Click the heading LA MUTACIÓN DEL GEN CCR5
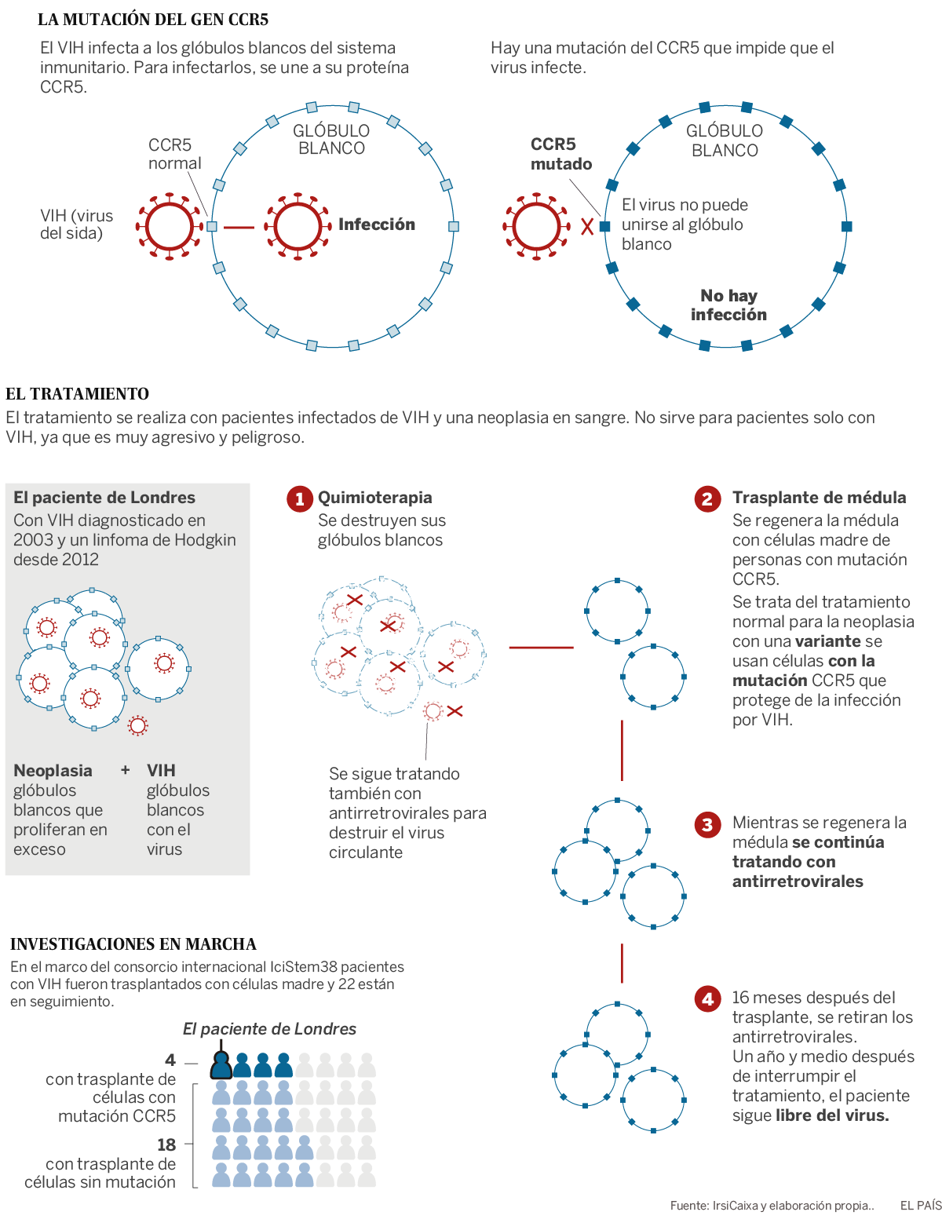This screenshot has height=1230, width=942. [153, 19]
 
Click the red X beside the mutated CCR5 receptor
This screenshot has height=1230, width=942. [587, 226]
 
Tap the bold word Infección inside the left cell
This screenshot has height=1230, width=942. [377, 224]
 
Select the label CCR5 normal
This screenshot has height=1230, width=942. [174, 154]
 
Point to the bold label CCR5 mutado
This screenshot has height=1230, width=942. [560, 154]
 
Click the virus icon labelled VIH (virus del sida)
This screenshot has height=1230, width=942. [170, 226]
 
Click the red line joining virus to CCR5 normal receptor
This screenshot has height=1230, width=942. [239, 227]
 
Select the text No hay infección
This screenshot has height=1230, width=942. [728, 305]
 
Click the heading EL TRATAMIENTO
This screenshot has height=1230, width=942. [77, 393]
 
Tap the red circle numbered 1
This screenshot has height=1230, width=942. [299, 498]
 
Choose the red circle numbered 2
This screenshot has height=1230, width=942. [707, 498]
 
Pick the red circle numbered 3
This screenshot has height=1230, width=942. [707, 824]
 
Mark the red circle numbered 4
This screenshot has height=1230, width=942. [707, 998]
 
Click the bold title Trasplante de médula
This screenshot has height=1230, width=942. [819, 498]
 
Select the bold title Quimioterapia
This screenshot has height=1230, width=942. [374, 498]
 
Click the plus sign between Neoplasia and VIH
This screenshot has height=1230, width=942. [126, 770]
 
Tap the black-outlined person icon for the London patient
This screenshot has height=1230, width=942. [221, 1064]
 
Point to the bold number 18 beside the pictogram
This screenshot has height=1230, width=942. [166, 1144]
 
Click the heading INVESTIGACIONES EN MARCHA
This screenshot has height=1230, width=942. [133, 943]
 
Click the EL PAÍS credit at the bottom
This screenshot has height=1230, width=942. [920, 1205]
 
